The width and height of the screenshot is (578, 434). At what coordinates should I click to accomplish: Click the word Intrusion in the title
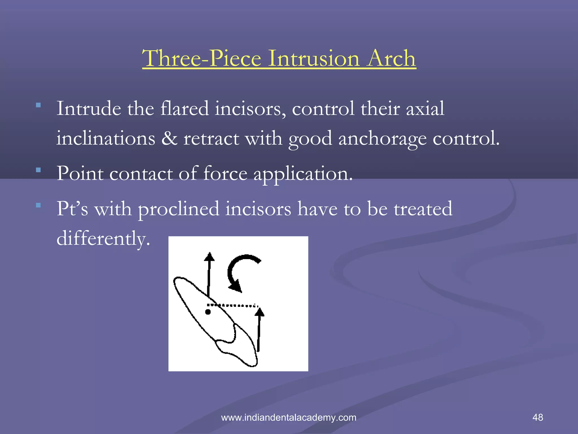click(314, 58)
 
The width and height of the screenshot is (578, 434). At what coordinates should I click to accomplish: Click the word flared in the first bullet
click(185, 108)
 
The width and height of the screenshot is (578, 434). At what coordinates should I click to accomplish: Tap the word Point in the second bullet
click(80, 173)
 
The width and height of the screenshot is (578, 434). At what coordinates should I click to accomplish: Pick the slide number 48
click(538, 417)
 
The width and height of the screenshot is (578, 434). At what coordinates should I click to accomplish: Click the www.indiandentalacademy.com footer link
click(288, 418)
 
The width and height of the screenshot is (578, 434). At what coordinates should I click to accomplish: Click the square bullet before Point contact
click(38, 170)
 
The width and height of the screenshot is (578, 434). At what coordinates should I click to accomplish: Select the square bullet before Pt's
click(38, 205)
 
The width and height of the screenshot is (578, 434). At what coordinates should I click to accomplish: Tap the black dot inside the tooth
click(208, 312)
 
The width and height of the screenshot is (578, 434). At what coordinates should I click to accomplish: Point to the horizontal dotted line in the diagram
click(233, 305)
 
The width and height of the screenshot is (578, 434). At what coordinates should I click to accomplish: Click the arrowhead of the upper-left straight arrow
click(209, 257)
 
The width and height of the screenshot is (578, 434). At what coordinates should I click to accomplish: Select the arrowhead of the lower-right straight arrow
click(259, 312)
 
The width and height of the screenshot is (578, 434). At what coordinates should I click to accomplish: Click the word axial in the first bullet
click(425, 108)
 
